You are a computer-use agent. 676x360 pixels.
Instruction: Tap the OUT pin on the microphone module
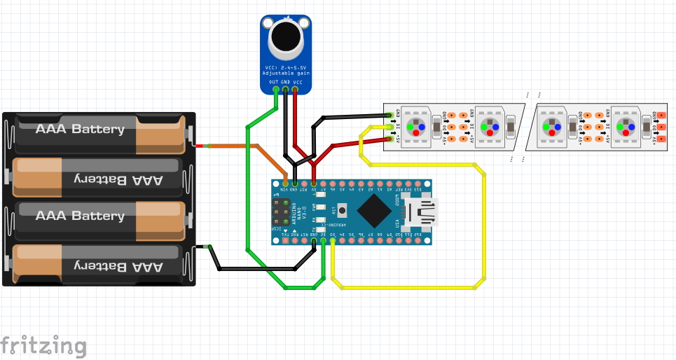pos(275,90)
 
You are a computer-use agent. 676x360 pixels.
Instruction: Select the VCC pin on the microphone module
pos(296,90)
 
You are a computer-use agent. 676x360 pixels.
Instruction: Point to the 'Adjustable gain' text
pos(286,73)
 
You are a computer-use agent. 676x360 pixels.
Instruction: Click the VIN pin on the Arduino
pos(285,182)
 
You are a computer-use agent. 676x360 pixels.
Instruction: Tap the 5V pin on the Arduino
pos(313,182)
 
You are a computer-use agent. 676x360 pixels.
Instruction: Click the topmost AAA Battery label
pos(80,129)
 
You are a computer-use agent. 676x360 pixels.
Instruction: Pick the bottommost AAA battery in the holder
pos(98,266)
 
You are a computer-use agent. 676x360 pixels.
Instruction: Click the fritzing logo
pos(43,346)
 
